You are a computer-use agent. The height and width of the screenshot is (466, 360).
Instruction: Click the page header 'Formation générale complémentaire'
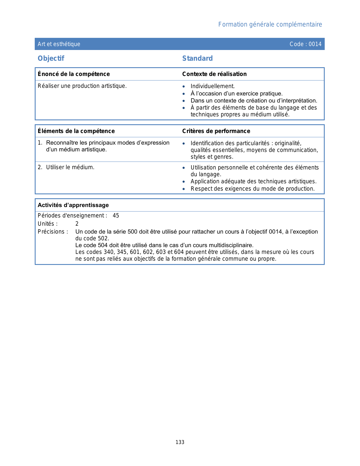click(270, 25)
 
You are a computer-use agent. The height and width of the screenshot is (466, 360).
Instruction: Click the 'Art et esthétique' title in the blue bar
click(59, 44)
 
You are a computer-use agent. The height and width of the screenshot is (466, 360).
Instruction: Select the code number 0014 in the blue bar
click(315, 44)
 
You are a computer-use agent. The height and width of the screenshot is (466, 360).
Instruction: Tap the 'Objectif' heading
click(51, 58)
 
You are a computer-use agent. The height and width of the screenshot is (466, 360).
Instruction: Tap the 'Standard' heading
click(197, 58)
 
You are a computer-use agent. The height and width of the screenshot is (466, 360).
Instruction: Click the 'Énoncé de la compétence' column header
click(74, 74)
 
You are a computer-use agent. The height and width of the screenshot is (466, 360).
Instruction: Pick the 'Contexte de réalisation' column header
click(214, 74)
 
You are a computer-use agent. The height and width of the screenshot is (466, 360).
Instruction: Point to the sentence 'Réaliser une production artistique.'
click(82, 86)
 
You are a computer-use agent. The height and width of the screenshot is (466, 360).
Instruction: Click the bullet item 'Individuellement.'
click(213, 86)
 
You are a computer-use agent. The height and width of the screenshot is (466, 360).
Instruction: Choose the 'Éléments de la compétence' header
click(76, 131)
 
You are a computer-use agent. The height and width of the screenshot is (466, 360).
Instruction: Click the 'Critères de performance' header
click(216, 131)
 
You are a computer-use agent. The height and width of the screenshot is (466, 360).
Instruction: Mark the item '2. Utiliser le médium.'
click(66, 167)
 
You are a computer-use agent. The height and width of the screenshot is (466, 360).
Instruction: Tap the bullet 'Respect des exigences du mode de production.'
click(252, 189)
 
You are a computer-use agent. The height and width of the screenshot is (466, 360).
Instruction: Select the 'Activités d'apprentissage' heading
click(73, 205)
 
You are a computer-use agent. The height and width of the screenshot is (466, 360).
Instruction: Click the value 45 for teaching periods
click(116, 216)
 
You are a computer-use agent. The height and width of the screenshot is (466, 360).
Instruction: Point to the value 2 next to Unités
click(77, 224)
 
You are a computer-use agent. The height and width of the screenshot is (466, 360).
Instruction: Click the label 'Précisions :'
click(53, 232)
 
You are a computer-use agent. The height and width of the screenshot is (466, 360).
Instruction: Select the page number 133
click(180, 442)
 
